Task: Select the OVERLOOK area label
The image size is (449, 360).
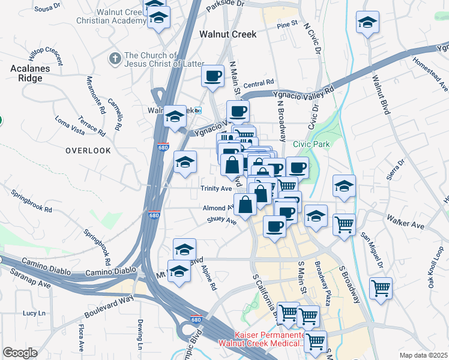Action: click(88, 151)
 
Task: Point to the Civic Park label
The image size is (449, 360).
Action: click(312, 145)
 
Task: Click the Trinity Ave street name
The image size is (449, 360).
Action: click(216, 188)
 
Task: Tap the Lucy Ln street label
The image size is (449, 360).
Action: click(34, 313)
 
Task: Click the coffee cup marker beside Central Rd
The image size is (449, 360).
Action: click(213, 76)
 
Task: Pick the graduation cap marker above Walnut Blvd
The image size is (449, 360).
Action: click(367, 23)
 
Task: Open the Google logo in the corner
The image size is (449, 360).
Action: click(20, 353)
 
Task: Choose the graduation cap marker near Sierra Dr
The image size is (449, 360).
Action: click(344, 187)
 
